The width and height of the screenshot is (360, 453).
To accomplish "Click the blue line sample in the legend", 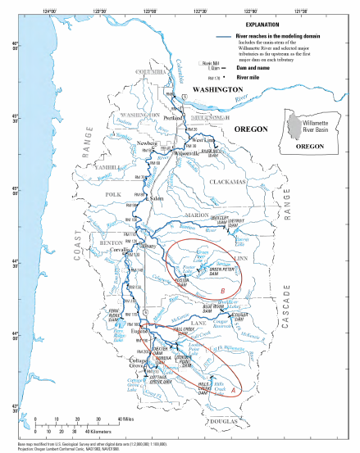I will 219,38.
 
